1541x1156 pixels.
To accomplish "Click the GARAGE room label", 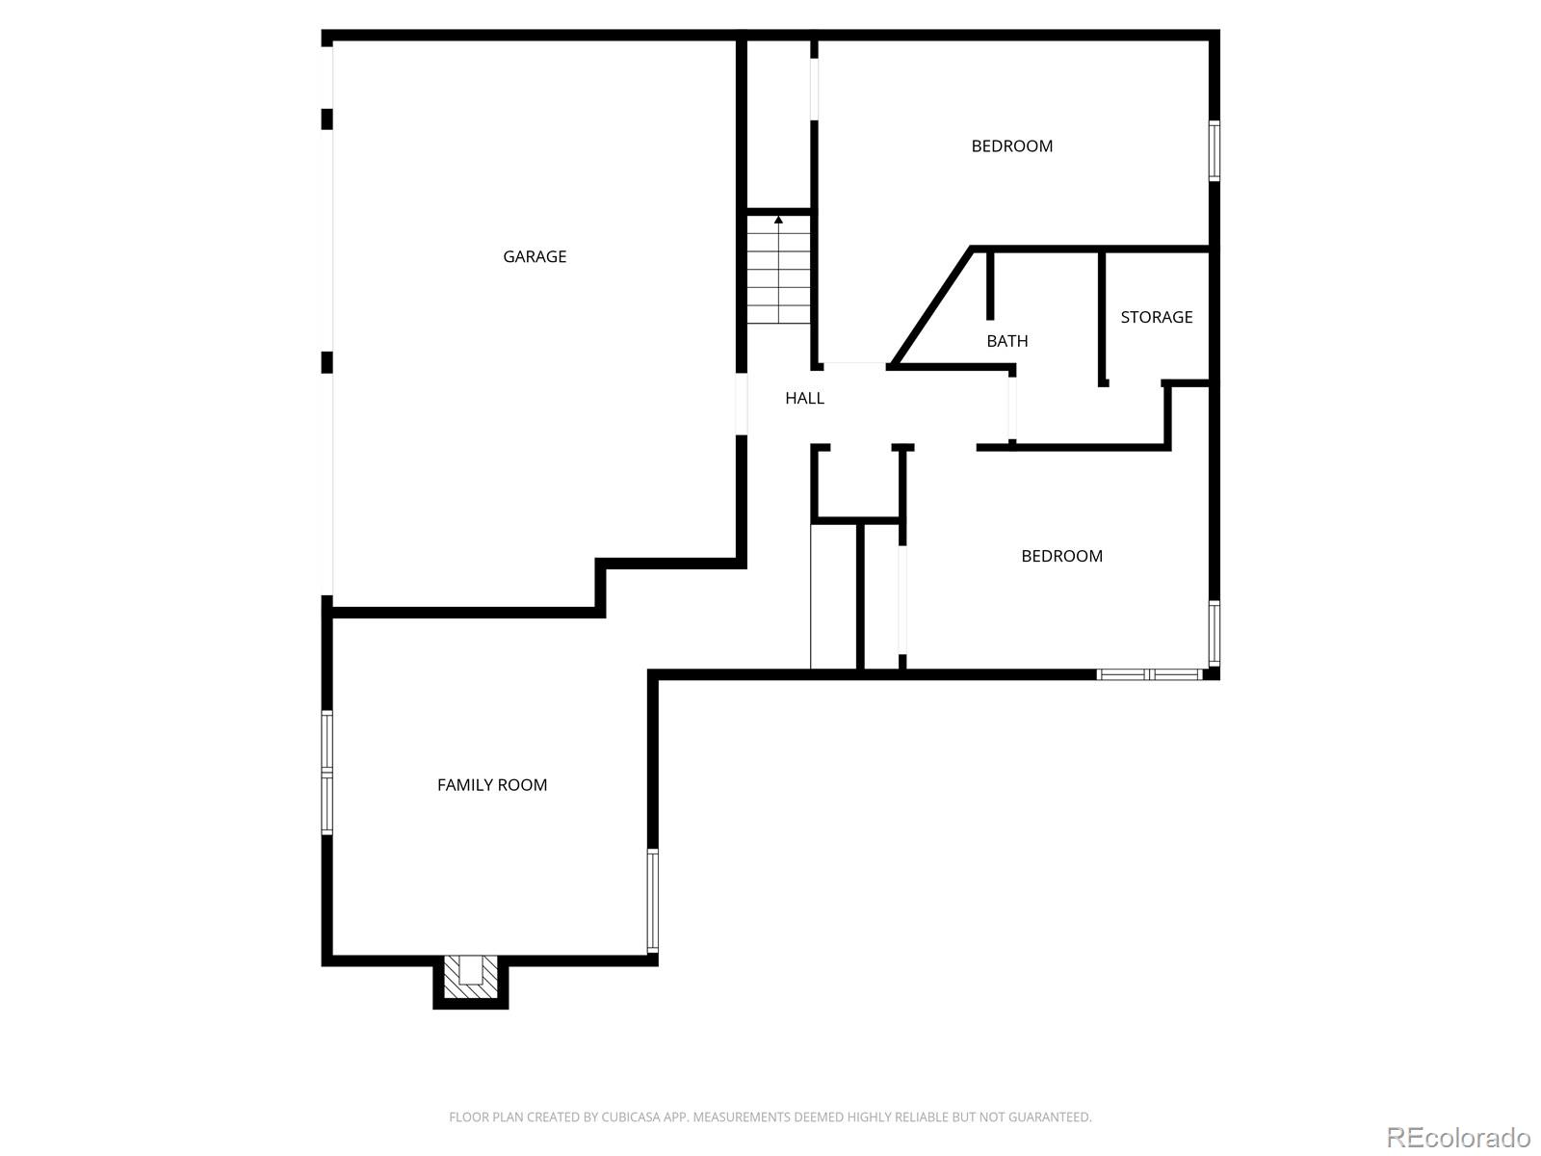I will pos(535,256).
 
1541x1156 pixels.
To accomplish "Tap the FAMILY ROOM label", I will pos(492,785).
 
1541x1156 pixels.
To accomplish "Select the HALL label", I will pos(804,398).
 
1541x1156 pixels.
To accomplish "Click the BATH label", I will pos(1006,341).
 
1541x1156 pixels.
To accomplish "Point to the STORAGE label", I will pos(1156,317).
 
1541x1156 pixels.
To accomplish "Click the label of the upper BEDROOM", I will pos(1011,146).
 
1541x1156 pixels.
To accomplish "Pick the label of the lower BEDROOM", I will pos(1061,556).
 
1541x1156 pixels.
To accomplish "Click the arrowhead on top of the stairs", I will pos(778,221).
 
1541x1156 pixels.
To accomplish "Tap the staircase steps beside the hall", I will pos(778,275).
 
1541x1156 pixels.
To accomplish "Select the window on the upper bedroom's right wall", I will pos(1215,151).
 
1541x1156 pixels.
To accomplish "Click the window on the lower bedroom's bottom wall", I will pos(1150,673).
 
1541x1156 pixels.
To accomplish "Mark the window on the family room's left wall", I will pos(327,773).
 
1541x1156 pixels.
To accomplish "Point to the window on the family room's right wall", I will pos(653,901).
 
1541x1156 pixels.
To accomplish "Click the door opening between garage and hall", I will pos(742,404).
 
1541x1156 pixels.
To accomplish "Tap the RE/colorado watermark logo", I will pos(1458,1137).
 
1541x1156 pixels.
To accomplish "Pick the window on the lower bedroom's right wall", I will pos(1215,633).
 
